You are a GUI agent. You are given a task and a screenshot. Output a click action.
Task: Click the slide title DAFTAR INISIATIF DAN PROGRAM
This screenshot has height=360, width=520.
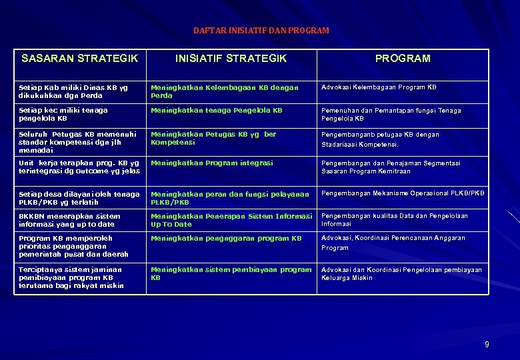tap(261, 31)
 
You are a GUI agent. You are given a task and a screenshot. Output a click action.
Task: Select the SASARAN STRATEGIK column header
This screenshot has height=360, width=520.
tap(79, 59)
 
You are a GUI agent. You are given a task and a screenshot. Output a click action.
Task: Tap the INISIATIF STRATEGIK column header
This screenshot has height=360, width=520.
tap(231, 59)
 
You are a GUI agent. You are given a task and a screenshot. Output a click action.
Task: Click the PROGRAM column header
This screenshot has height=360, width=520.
tap(403, 59)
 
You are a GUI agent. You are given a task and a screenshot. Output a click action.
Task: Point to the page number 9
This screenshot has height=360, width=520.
tap(486, 345)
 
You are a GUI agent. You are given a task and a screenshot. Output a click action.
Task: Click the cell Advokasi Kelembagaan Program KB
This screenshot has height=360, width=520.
tap(379, 87)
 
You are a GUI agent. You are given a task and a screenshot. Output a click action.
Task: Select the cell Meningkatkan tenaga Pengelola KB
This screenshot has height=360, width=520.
tap(217, 110)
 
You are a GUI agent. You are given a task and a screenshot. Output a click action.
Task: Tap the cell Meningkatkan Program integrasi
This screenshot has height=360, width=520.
tap(212, 163)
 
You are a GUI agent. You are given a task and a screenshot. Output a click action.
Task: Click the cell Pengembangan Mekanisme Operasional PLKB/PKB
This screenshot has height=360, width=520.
tap(403, 193)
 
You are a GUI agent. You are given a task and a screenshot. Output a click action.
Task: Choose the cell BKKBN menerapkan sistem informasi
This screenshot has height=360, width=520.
tap(69, 220)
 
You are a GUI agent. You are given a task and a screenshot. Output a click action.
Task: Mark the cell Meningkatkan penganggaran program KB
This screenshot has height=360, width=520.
tap(226, 238)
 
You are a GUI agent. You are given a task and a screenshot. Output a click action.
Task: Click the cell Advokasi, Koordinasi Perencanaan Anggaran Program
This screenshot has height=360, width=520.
tap(393, 242)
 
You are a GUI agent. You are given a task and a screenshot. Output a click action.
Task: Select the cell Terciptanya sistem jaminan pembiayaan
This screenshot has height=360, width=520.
tap(71, 277)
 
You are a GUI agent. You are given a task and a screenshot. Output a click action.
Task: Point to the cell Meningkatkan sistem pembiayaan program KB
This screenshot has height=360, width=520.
tap(231, 273)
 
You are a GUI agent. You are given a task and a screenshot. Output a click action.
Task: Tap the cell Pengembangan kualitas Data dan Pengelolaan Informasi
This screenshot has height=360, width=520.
tap(395, 219)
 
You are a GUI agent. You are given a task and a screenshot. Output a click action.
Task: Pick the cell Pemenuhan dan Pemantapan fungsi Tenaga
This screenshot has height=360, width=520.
tap(391, 114)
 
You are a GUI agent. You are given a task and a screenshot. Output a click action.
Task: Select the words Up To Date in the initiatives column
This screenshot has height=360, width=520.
tap(171, 225)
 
